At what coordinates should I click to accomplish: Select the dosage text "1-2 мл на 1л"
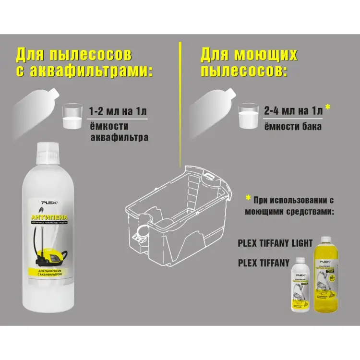coord(118,112)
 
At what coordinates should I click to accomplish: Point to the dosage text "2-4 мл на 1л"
coord(293,111)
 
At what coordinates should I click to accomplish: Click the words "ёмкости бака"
coord(293,127)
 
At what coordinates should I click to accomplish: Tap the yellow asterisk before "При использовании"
coord(248,198)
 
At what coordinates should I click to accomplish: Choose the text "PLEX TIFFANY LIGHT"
coord(275,242)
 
